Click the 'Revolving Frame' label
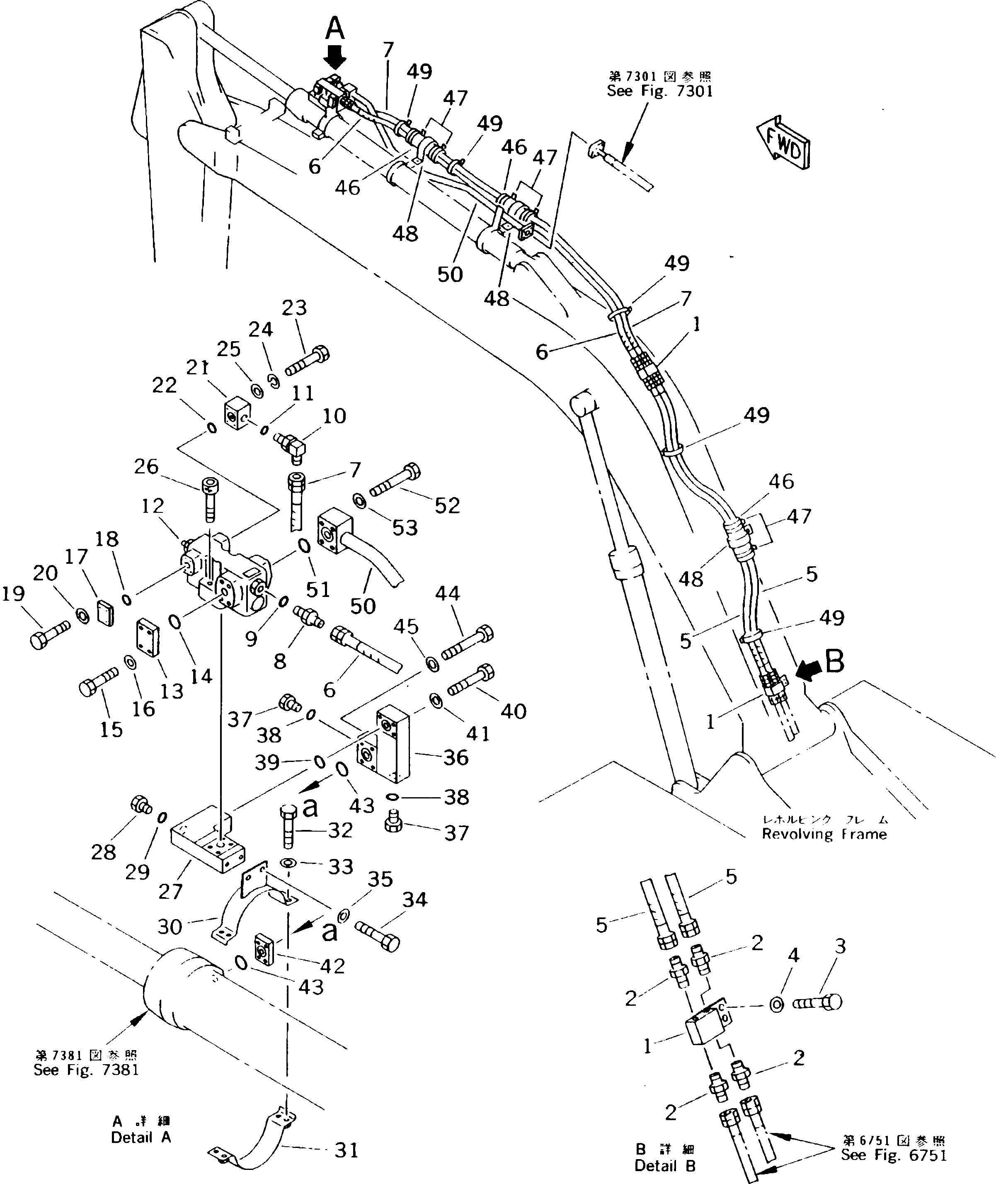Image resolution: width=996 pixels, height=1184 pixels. (x=824, y=834)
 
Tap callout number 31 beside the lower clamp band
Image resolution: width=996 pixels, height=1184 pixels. (x=346, y=1150)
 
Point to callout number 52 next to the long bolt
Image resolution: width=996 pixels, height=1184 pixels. (x=447, y=505)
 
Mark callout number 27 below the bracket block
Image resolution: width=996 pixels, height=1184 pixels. (x=170, y=891)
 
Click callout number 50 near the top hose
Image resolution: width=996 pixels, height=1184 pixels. (x=450, y=274)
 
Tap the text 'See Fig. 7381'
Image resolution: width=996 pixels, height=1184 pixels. (x=86, y=1070)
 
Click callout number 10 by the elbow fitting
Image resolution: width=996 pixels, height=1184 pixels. (x=334, y=416)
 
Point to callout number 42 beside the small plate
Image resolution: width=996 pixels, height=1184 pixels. (x=332, y=966)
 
